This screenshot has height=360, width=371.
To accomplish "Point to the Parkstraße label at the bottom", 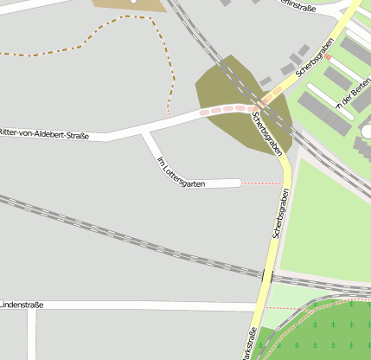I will coord(247,345).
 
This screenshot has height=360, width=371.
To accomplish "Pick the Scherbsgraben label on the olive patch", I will coord(267,132).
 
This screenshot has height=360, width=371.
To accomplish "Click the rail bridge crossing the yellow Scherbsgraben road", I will coord(267,276).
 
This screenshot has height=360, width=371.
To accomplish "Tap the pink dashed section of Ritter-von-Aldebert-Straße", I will coord(227,110).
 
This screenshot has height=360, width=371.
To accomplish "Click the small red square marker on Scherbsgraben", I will coord(328,57).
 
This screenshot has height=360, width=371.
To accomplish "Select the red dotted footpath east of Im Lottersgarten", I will coord(262,183).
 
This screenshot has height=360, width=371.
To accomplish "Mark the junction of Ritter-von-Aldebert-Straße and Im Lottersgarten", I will coord(144,132).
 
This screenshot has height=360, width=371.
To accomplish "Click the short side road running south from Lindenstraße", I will coord(32,333).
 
